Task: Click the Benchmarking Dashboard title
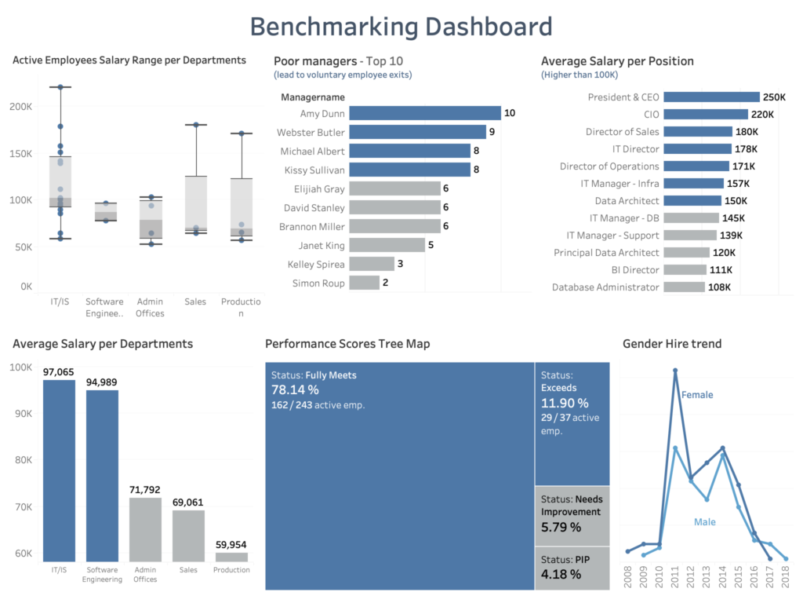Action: coord(401,27)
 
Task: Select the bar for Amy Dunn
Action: coord(424,113)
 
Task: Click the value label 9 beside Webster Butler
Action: coord(492,132)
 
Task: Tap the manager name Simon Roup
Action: coord(318,283)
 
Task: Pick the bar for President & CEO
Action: coord(711,97)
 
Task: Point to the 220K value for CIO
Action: coord(762,115)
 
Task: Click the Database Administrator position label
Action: coord(606,287)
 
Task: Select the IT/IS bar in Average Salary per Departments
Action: coord(59,470)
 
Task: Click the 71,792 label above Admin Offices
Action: coord(145,490)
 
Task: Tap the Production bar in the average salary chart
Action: coord(231,557)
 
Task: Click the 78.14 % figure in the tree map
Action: coord(295,390)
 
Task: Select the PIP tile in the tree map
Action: coord(572,568)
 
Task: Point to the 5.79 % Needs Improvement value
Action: coord(561,528)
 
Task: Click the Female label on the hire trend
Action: coord(697,395)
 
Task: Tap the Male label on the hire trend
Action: coord(704,522)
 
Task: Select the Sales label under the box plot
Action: coord(195,301)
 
